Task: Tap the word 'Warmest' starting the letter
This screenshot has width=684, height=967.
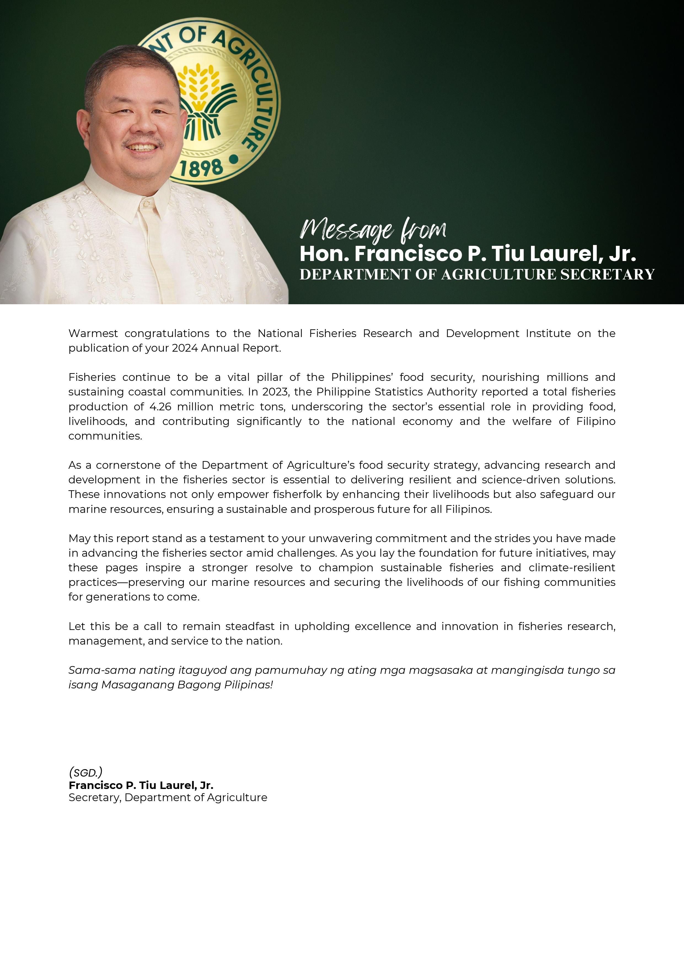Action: pyautogui.click(x=93, y=333)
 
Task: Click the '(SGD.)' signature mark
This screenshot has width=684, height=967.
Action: pyautogui.click(x=85, y=772)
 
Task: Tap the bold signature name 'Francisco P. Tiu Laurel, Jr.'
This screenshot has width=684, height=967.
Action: pyautogui.click(x=141, y=785)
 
